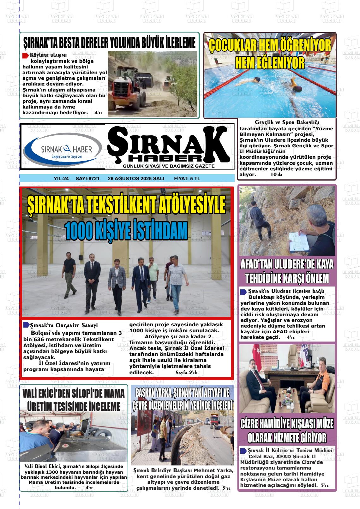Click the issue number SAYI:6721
[87, 179]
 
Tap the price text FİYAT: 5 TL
[187, 179]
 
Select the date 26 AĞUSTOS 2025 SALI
[136, 179]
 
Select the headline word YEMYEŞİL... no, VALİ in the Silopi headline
[30, 394]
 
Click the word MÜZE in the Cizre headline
[323, 424]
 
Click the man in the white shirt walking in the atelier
[177, 284]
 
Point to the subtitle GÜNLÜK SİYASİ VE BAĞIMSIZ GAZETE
[169, 166]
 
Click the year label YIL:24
[61, 179]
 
